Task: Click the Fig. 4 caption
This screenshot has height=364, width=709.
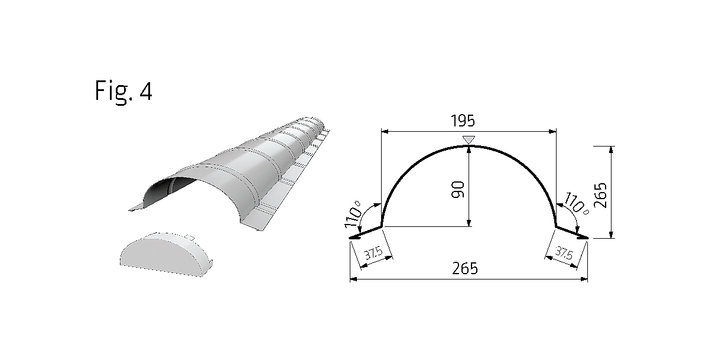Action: [x=123, y=92]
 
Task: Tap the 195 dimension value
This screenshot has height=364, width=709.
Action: [x=463, y=121]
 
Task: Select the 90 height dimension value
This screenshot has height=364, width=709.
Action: [x=457, y=190]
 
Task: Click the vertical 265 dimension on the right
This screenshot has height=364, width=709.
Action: [x=601, y=195]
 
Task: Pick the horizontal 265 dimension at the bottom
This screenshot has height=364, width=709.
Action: [x=464, y=269]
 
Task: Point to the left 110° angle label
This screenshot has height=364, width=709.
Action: [x=353, y=214]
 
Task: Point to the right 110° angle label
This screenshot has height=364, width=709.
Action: [x=575, y=203]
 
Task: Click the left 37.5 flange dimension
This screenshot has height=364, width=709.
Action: [x=373, y=253]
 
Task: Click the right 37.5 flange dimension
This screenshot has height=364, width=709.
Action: [x=564, y=253]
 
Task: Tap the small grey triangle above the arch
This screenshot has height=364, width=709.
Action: [x=469, y=139]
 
